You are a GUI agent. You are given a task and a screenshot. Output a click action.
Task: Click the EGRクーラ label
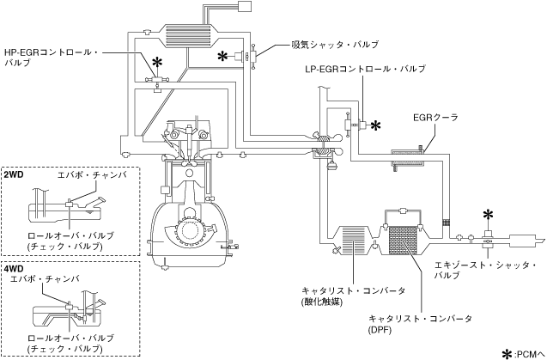point(435,118)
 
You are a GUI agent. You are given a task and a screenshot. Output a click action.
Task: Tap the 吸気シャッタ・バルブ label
point(335,45)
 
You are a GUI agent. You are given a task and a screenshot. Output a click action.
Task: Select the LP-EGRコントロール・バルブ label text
point(365,69)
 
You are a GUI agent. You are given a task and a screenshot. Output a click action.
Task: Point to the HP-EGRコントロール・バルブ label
point(52,58)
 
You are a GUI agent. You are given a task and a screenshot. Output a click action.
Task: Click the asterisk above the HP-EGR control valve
point(158,63)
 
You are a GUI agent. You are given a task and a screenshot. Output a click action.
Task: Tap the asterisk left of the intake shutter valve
point(223,56)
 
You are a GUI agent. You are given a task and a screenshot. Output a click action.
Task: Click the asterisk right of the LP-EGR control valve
point(375,125)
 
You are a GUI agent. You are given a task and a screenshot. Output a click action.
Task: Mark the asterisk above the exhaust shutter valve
point(489,215)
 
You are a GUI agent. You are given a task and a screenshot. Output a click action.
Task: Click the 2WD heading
point(14,174)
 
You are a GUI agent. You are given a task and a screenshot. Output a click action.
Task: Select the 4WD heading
point(14,269)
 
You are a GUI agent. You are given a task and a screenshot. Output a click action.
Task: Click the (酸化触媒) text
point(321,302)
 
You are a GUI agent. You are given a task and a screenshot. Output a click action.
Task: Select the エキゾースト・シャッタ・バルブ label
point(485,271)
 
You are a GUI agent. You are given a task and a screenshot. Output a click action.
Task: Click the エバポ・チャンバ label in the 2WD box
point(92,175)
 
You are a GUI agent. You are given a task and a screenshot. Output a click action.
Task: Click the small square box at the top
point(244,6)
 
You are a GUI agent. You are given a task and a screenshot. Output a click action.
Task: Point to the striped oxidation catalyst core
point(353,240)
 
